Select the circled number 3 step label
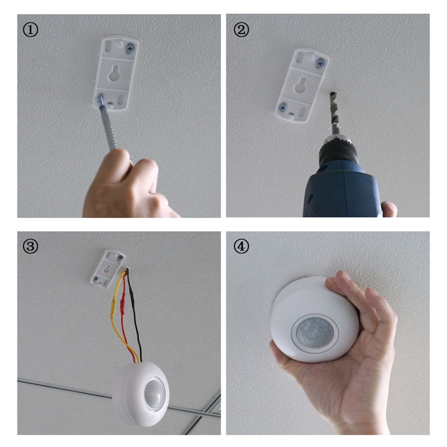(x=30, y=246)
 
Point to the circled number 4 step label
(x=241, y=246)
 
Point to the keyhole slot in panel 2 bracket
(x=302, y=85)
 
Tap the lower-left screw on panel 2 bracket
(x=283, y=107)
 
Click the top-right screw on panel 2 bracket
(x=320, y=63)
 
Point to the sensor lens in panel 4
(x=315, y=333)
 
